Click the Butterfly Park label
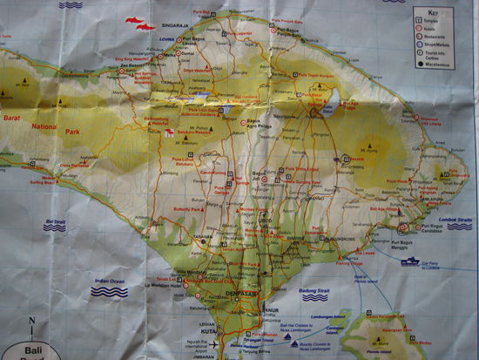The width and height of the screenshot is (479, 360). click(x=190, y=210)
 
